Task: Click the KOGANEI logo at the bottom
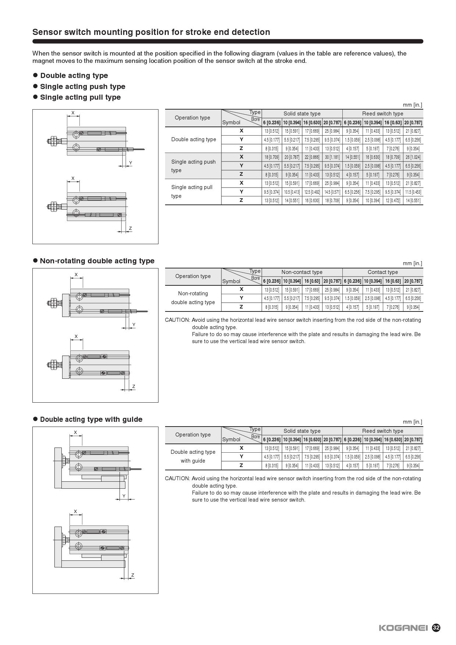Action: (x=403, y=628)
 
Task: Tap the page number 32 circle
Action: (x=436, y=628)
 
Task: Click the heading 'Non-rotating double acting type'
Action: (x=97, y=261)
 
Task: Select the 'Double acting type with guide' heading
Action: (x=91, y=419)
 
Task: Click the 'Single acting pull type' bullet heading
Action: (x=80, y=97)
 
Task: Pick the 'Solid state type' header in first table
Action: (x=302, y=114)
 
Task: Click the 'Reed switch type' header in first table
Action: (x=382, y=114)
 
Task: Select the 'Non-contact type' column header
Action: (x=302, y=272)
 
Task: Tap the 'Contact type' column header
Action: (x=382, y=272)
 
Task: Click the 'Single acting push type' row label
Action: (x=193, y=166)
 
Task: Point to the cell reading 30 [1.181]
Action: (x=332, y=157)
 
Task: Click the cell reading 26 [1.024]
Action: (x=413, y=157)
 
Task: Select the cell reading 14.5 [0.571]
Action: (x=332, y=192)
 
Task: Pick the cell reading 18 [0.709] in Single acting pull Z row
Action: (x=332, y=201)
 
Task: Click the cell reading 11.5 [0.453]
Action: (x=413, y=192)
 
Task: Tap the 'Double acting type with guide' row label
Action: (x=193, y=456)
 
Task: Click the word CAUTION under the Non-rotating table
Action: (x=177, y=320)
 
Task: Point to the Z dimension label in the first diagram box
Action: (x=131, y=228)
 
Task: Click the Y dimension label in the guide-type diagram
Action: (x=124, y=496)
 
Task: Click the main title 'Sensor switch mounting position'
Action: (x=151, y=32)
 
